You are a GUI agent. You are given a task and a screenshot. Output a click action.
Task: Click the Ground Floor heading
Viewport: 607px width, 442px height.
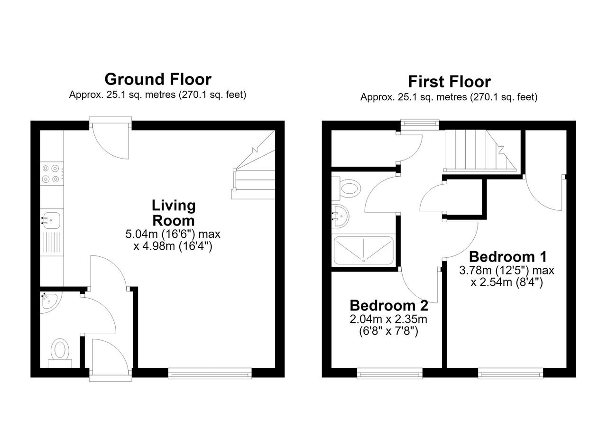pyautogui.click(x=158, y=79)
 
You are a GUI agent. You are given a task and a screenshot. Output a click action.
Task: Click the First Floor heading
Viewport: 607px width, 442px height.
pyautogui.click(x=449, y=82)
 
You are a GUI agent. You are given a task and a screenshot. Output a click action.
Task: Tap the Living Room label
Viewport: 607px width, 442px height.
pyautogui.click(x=174, y=213)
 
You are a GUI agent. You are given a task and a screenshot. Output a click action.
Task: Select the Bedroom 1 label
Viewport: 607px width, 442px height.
pyautogui.click(x=508, y=257)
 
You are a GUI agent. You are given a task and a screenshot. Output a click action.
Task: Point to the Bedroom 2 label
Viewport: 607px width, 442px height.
pyautogui.click(x=389, y=306)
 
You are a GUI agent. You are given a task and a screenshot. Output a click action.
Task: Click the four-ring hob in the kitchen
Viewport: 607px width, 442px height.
pyautogui.click(x=52, y=174)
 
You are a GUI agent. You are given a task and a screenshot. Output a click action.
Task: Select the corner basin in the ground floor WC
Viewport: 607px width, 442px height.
pyautogui.click(x=49, y=301)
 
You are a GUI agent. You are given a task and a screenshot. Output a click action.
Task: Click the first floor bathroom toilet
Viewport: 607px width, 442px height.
pyautogui.click(x=348, y=188)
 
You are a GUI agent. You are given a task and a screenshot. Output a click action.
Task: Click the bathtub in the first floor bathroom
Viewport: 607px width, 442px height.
pyautogui.click(x=363, y=251)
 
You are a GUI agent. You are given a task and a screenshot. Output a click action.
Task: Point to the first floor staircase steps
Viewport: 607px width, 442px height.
pyautogui.click(x=480, y=150)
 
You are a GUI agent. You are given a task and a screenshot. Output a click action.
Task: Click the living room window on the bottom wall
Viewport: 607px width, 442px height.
pyautogui.click(x=210, y=373)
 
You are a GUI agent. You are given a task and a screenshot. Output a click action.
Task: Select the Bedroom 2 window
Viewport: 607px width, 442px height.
pyautogui.click(x=390, y=373)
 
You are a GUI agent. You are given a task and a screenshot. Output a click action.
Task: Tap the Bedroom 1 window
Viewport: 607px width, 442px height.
pyautogui.click(x=511, y=373)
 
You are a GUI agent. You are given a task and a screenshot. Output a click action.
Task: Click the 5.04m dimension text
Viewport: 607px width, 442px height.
pyautogui.click(x=173, y=234)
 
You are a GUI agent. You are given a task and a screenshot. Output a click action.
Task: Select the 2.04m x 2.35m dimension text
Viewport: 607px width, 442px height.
pyautogui.click(x=388, y=319)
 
